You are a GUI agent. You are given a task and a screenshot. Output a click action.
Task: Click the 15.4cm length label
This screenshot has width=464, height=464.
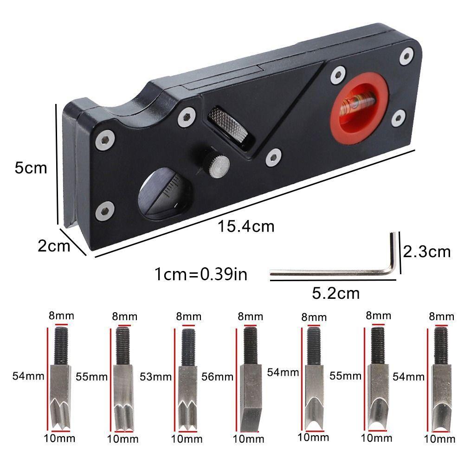(246, 226)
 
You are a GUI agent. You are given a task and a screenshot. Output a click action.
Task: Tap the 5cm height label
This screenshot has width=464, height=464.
(31, 168)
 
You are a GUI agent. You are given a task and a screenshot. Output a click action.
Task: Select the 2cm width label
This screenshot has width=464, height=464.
(54, 246)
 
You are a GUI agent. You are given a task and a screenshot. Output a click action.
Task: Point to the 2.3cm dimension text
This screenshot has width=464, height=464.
(426, 251)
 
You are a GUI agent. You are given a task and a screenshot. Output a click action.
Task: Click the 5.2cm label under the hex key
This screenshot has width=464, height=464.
(335, 293)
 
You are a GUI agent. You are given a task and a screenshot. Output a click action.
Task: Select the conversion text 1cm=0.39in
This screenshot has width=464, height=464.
(200, 274)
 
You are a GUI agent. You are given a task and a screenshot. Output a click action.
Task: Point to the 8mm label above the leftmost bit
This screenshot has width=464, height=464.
(61, 316)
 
